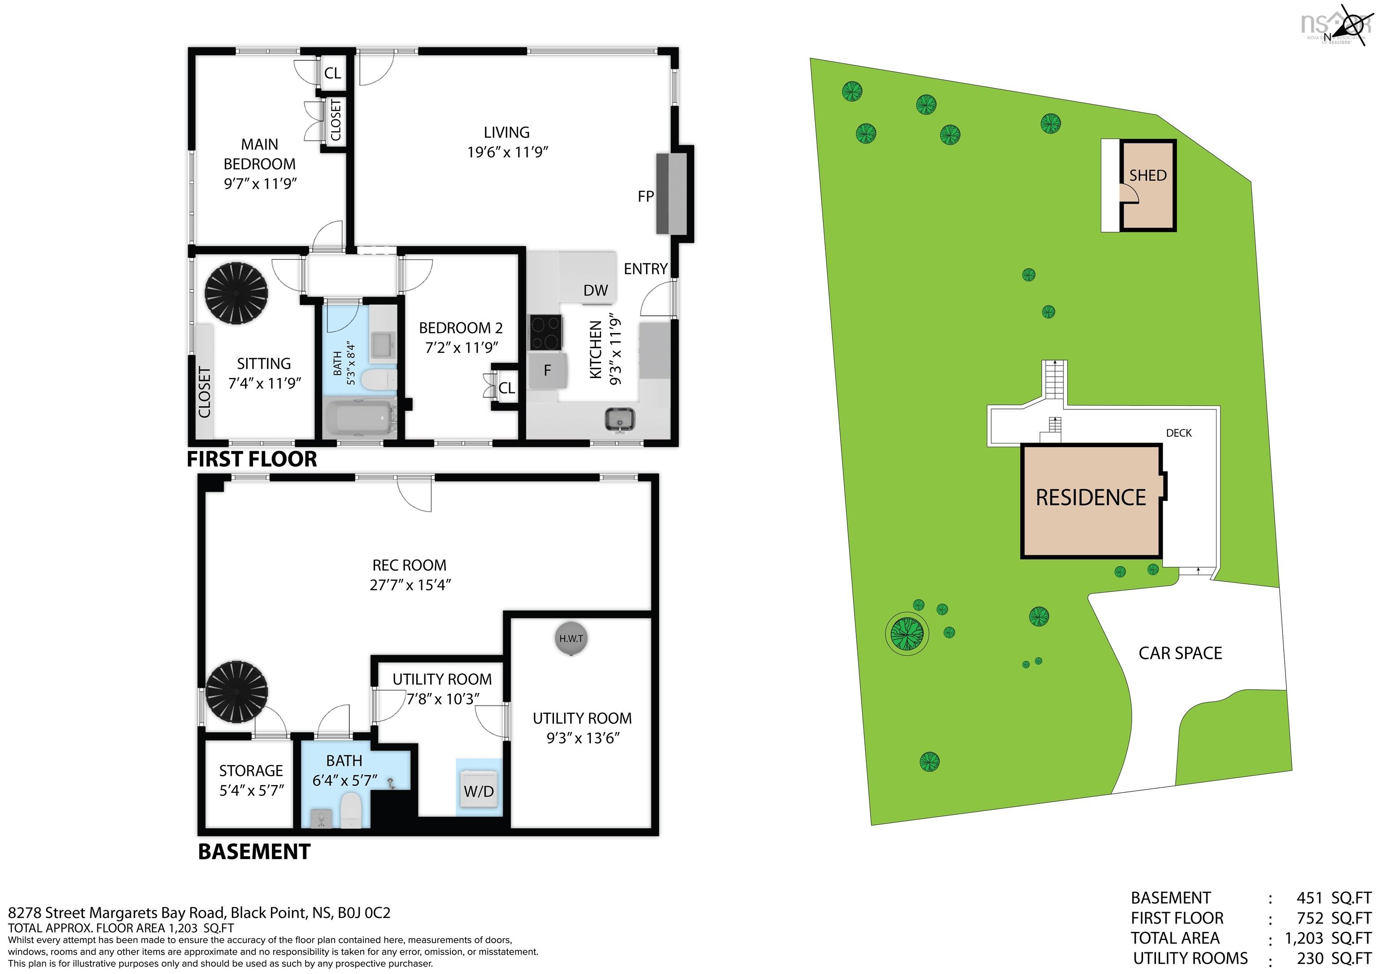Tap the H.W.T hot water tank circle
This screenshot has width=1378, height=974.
pos(570,639)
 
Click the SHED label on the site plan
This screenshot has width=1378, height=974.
pos(1147,176)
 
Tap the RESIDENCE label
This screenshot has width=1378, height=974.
pos(1090,497)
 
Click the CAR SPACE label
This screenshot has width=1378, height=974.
pos(1180,653)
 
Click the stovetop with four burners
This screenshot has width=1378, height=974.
pos(545,332)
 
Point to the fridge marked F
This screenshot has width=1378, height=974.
pos(547,370)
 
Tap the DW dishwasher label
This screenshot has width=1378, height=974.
pos(595,291)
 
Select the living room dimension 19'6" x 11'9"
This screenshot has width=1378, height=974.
pos(508,152)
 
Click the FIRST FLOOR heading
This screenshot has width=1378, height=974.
pos(252,459)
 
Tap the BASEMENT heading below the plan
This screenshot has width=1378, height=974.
pos(254,852)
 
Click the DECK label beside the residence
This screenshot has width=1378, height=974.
pos(1178,433)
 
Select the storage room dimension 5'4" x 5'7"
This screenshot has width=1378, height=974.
pos(252,790)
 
